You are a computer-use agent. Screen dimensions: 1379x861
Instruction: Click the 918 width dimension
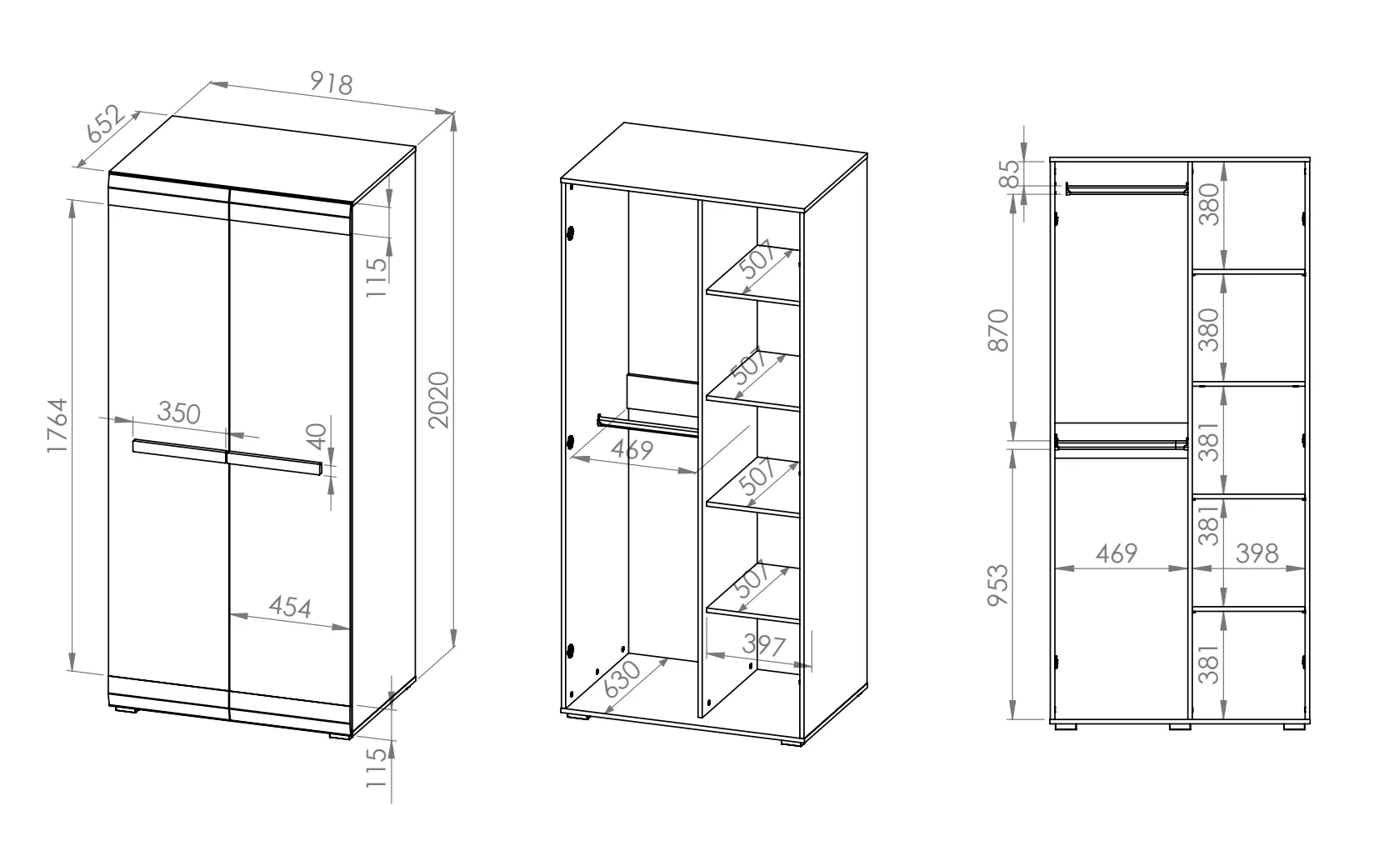(x=331, y=83)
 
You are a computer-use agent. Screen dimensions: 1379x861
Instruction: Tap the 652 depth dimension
(x=105, y=124)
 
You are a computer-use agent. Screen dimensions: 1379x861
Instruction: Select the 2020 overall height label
(x=439, y=400)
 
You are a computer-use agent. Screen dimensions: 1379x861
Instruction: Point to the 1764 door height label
(x=57, y=426)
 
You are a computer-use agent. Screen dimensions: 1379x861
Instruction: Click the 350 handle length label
(x=179, y=413)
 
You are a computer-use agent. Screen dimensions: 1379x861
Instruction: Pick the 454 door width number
(x=290, y=608)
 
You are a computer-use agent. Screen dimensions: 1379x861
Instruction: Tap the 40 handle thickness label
(x=317, y=437)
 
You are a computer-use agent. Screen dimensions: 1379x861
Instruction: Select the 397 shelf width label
(x=764, y=645)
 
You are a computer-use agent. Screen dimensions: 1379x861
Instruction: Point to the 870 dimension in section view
(x=998, y=331)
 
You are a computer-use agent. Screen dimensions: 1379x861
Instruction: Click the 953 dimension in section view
(x=998, y=586)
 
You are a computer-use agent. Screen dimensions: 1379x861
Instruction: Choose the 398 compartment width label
(x=1257, y=553)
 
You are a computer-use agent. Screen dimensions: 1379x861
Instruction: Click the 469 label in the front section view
(x=1117, y=553)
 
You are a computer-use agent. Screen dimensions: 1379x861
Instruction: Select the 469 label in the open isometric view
(x=632, y=449)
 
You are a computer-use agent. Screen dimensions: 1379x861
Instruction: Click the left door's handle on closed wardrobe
(x=180, y=451)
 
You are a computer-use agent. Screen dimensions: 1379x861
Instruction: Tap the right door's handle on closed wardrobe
(x=275, y=463)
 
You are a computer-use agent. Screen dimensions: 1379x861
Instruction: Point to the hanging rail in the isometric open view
(x=647, y=426)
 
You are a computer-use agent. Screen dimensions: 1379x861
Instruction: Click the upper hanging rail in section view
(x=1127, y=188)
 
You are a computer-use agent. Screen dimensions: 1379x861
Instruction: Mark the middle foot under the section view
(x=1180, y=727)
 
